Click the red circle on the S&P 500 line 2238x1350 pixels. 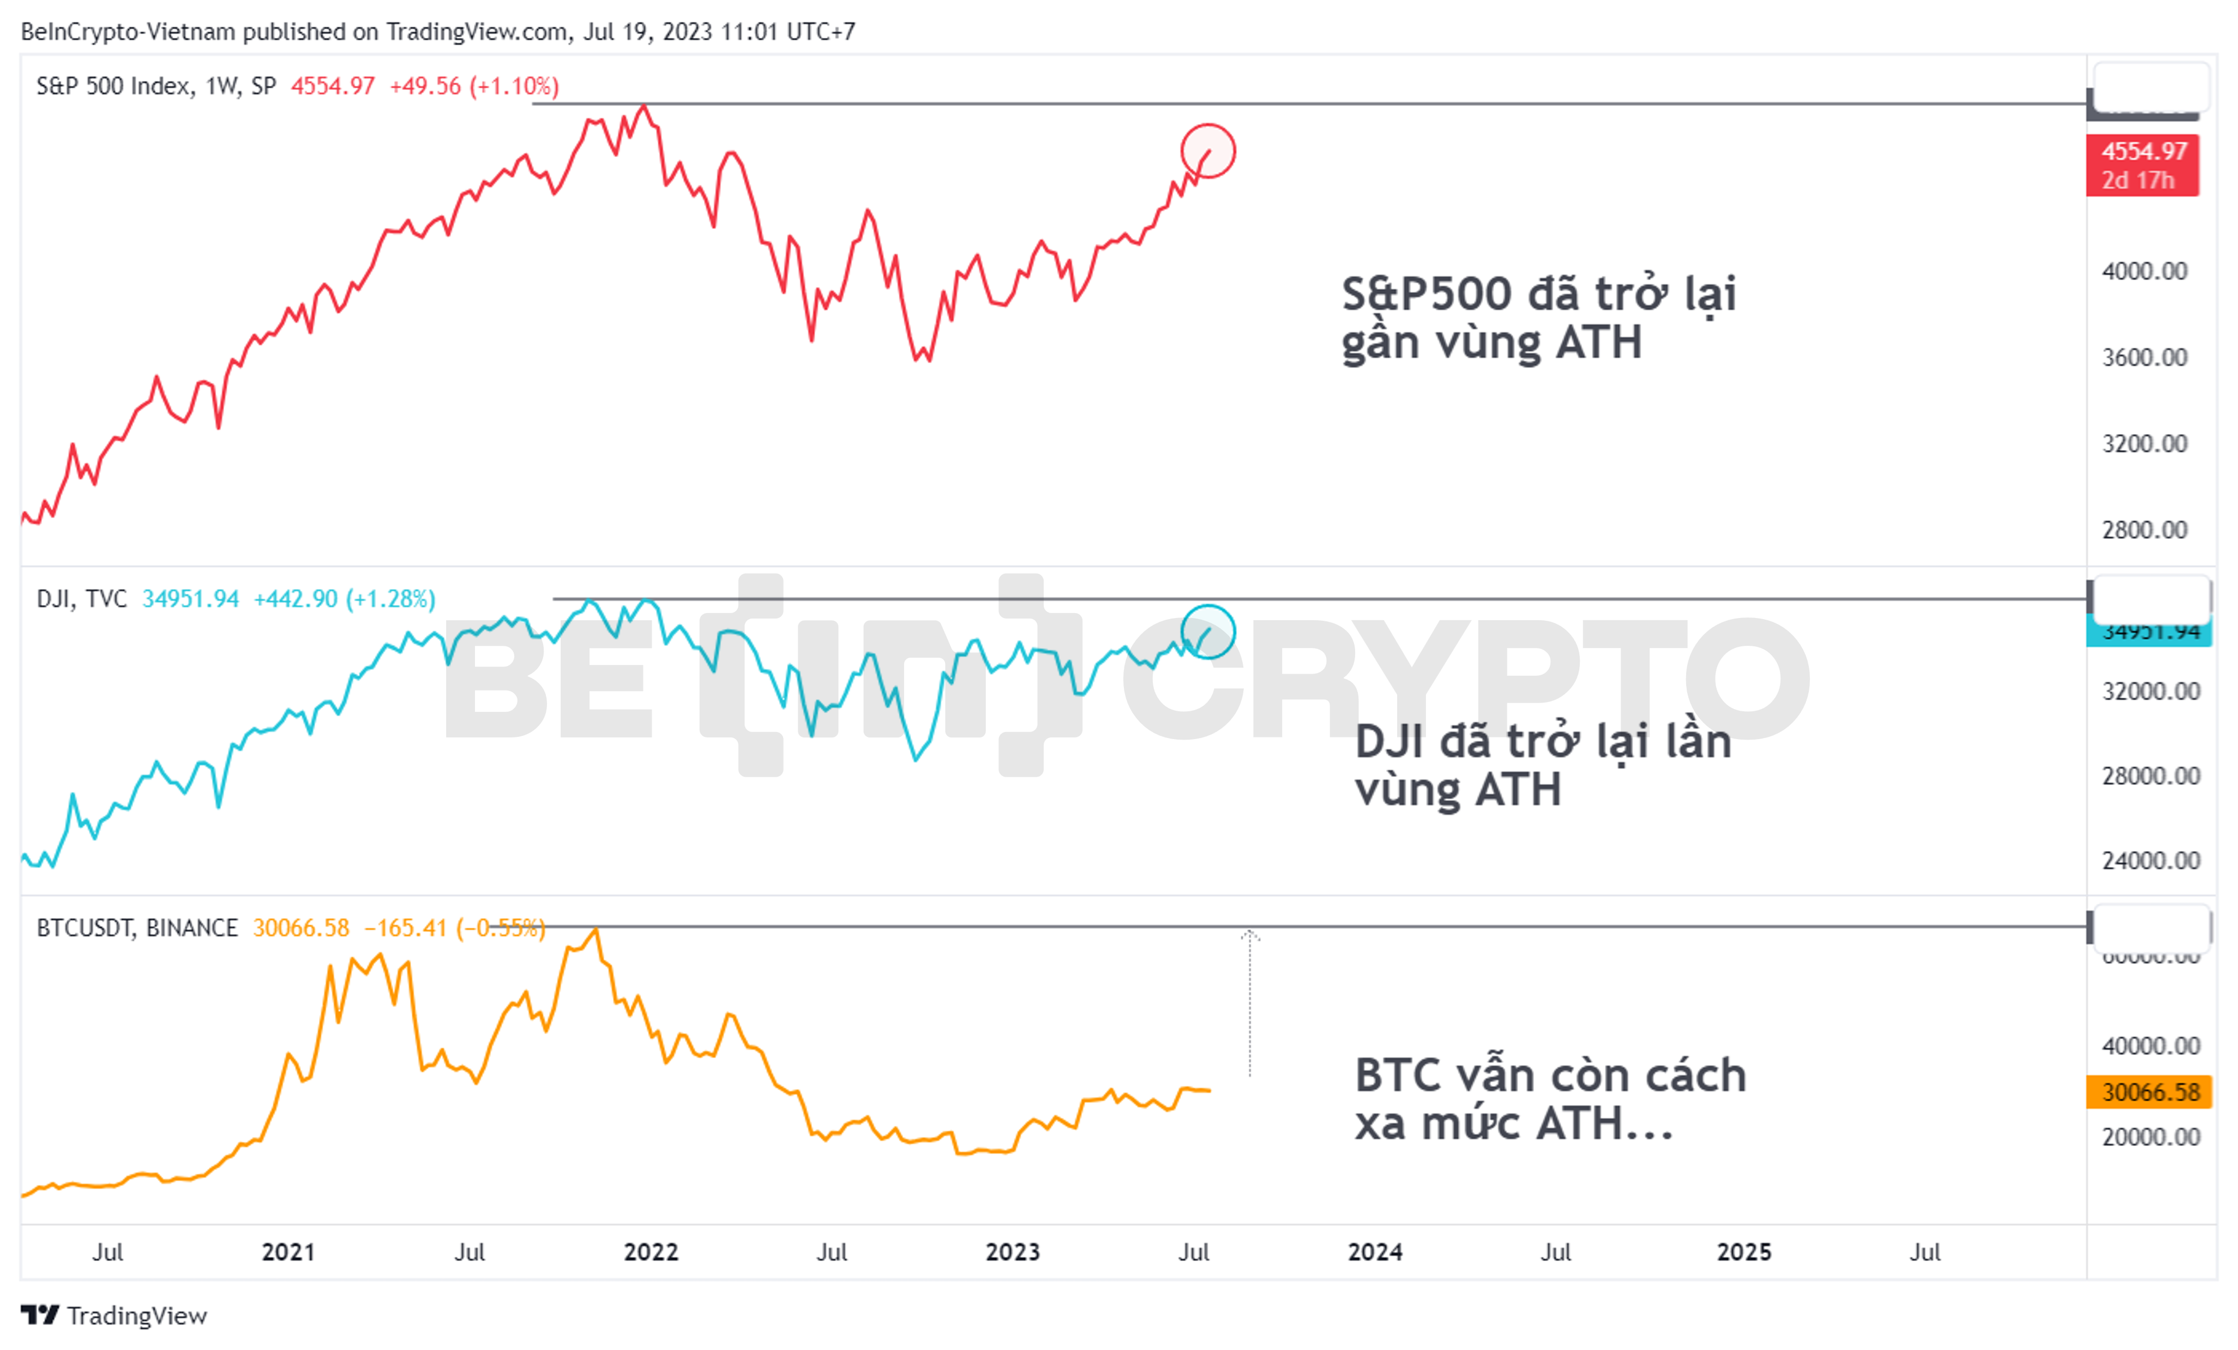point(1208,151)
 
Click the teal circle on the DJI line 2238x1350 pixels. point(1208,632)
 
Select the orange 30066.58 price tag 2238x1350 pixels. point(2149,1091)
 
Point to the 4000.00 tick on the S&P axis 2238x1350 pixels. point(2144,271)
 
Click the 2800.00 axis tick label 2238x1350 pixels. point(2144,530)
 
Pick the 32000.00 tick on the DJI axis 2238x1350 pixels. point(2150,691)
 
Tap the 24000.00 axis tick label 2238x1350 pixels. point(2150,860)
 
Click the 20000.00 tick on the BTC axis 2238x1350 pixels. point(2150,1137)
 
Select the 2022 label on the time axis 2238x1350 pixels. point(651,1252)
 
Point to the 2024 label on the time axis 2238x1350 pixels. point(1374,1252)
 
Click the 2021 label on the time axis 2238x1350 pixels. point(288,1252)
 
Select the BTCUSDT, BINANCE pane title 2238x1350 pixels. point(136,928)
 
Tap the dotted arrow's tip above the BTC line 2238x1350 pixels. point(1250,933)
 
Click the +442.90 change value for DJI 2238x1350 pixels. point(295,599)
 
